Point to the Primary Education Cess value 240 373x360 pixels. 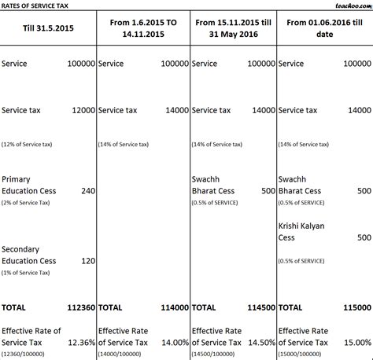tap(86, 190)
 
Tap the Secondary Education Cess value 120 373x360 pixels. tap(86, 260)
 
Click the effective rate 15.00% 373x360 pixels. tap(356, 343)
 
